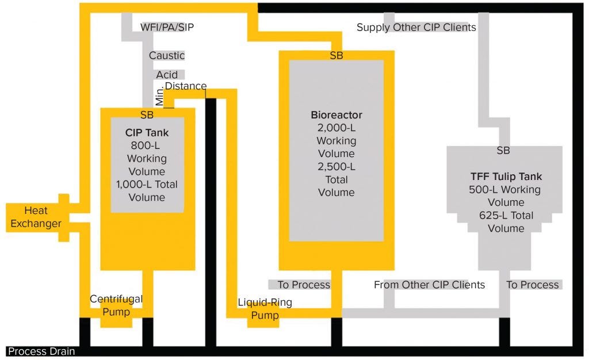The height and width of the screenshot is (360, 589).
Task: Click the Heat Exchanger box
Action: coord(36,217)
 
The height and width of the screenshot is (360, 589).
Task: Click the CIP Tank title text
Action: coord(147,133)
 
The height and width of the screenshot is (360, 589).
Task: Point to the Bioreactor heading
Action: coord(336,115)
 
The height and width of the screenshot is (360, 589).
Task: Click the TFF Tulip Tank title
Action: coord(506,177)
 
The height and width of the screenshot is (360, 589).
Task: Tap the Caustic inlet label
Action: coord(167,56)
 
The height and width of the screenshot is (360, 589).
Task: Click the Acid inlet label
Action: coord(167,75)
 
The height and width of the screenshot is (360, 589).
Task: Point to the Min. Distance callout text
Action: coord(185,86)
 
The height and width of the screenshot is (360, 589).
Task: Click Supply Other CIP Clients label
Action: coord(416,27)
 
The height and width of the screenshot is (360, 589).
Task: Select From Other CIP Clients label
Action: coord(429,285)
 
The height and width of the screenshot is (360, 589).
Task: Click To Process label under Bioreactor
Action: coord(304,285)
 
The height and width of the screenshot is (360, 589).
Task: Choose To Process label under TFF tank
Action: coord(532,285)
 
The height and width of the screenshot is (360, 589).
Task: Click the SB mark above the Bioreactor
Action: coord(336,56)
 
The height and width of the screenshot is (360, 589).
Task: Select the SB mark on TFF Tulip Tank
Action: coord(503,151)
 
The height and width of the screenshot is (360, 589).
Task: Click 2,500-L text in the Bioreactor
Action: coord(336,167)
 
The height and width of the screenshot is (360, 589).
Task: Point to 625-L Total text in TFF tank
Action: coord(506,216)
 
